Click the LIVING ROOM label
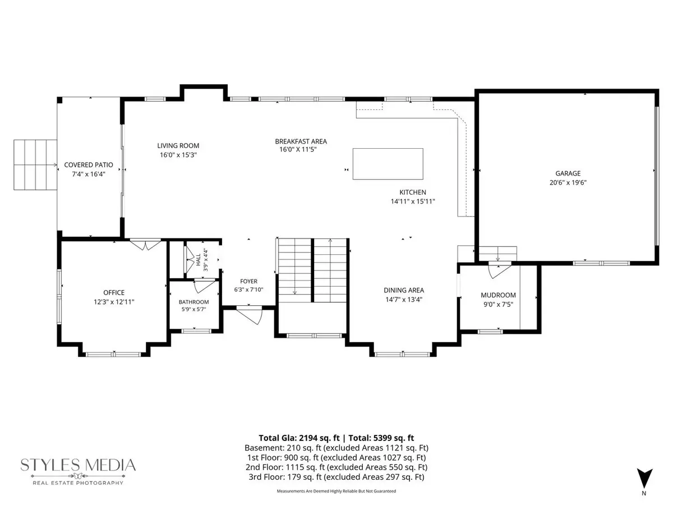(x=178, y=146)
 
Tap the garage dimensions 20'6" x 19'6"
(x=568, y=182)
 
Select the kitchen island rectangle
(x=388, y=164)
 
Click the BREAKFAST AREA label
(x=301, y=141)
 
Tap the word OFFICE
(x=114, y=292)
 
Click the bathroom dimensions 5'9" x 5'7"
(x=193, y=309)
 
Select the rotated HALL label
(x=199, y=259)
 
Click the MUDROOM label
(x=498, y=295)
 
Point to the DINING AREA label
(x=404, y=290)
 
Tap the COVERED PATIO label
(x=89, y=164)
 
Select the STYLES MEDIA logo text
(x=78, y=465)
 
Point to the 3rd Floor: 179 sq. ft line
(x=336, y=477)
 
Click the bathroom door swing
(x=204, y=287)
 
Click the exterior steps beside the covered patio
(x=35, y=164)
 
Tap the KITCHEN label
(x=412, y=192)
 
